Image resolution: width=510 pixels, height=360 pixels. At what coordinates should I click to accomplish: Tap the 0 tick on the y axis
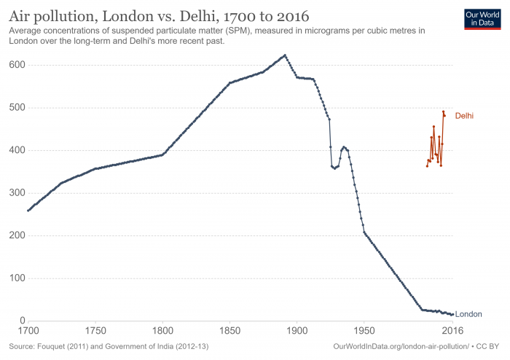coord(23,321)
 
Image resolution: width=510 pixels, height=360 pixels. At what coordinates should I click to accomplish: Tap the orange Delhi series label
coord(465,116)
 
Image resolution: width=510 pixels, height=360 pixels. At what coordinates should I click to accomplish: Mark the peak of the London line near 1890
coord(285,55)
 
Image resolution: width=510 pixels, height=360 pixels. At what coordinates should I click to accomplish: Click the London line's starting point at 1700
coord(28,211)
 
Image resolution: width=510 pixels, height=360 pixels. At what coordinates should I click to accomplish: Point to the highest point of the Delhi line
coord(443,111)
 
